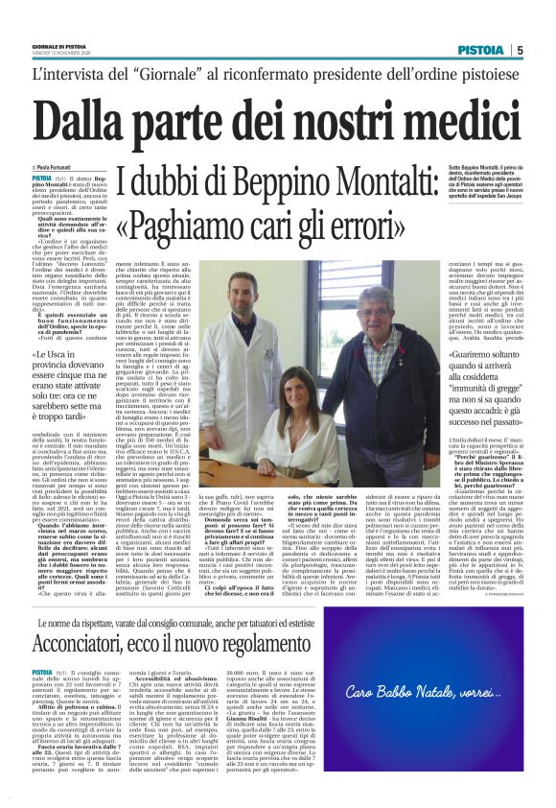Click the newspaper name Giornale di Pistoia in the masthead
[x=62, y=48]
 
